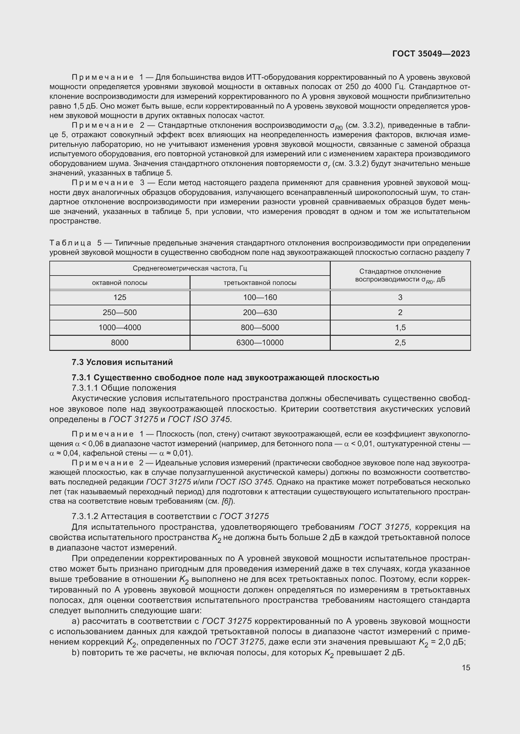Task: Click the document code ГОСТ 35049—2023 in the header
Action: click(431, 54)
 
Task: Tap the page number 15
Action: click(466, 667)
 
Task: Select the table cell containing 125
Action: click(120, 297)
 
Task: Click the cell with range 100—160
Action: click(260, 297)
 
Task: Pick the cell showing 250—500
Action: click(120, 312)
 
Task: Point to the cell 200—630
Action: click(260, 312)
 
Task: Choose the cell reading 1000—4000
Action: click(120, 327)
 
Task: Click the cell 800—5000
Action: click(260, 327)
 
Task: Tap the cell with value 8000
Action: click(120, 342)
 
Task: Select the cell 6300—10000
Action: click(260, 342)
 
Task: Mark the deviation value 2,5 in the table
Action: click(400, 342)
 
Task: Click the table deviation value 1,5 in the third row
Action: click(400, 327)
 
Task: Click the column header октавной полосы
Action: click(120, 283)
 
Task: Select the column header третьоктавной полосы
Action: click(260, 283)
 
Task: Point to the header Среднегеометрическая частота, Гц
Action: click(190, 268)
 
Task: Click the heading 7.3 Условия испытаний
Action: click(122, 362)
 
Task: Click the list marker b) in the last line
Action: click(75, 653)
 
